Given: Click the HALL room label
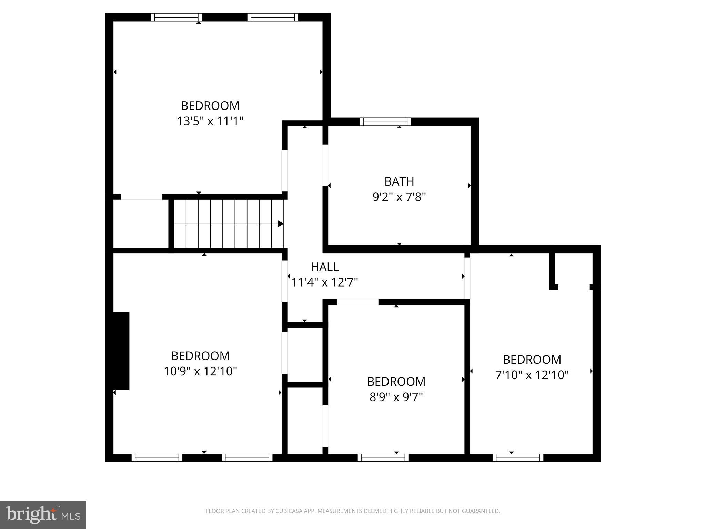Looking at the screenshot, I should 324,267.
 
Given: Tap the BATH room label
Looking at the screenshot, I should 399,181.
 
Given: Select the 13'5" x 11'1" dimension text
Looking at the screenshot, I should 210,121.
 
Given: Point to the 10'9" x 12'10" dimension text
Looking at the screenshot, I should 200,371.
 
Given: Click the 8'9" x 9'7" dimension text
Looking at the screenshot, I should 396,397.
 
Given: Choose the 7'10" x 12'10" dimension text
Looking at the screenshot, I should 532,375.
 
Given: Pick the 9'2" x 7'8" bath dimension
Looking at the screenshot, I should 399,197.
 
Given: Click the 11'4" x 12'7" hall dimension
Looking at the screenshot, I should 325,282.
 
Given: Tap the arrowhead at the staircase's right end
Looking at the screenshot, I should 281,224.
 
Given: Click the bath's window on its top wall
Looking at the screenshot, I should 385,122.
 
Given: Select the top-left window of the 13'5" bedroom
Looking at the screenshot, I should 176,17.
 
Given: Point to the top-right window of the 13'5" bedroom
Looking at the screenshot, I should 273,17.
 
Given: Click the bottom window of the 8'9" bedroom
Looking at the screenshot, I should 383,458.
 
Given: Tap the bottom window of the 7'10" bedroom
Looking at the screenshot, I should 518,458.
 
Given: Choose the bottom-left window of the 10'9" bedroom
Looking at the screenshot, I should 157,458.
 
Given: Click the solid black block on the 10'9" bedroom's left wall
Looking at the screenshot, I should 121,351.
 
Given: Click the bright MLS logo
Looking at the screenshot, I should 43,515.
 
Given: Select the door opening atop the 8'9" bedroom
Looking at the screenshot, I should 357,302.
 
